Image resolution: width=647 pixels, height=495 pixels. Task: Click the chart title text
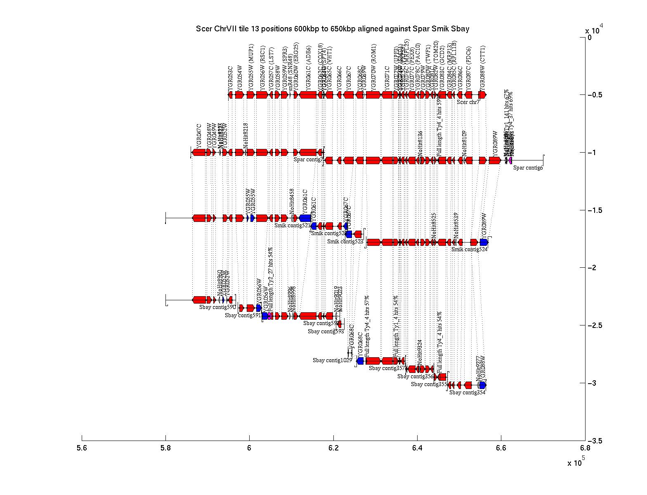tap(332, 29)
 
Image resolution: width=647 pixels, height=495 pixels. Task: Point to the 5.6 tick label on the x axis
tap(82, 448)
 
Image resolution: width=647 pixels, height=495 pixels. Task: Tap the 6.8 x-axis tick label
tap(585, 448)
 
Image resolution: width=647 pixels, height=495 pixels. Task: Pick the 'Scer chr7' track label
tap(468, 101)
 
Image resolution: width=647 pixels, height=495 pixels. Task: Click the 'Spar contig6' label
tap(528, 167)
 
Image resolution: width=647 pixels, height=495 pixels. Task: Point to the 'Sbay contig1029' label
tap(332, 361)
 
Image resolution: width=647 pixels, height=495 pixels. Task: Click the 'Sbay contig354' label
tap(467, 393)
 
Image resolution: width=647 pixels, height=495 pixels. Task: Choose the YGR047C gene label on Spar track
tap(199, 136)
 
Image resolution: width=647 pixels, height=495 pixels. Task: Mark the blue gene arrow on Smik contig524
tap(484, 242)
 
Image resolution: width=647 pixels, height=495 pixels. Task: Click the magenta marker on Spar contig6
tap(510, 160)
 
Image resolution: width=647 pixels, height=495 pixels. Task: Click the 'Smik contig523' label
tap(345, 242)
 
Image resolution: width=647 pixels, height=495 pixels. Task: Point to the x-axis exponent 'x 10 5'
tap(576, 462)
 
